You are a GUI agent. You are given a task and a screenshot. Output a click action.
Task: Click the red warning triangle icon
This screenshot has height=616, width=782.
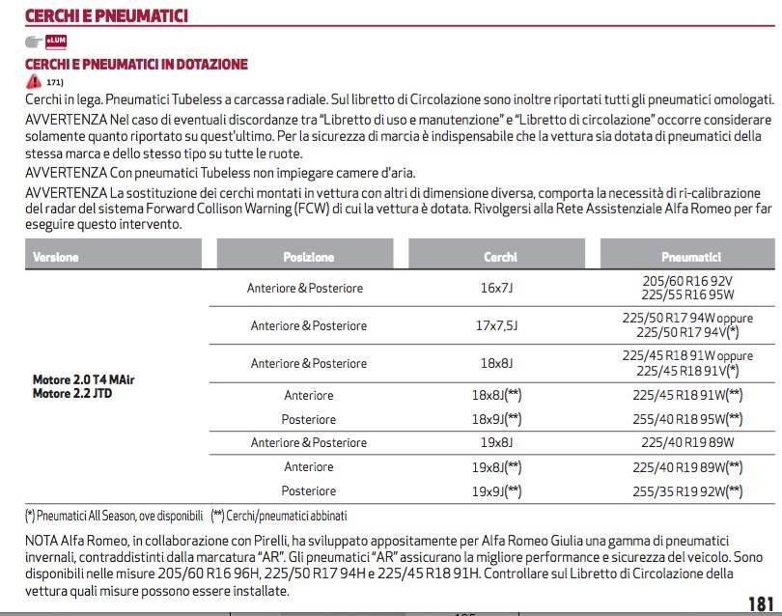click(x=35, y=82)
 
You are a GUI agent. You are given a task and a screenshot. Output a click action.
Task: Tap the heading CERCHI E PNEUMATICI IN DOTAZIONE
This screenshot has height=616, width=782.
click(x=136, y=65)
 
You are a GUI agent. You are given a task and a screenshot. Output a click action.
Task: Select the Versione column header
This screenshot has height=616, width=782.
click(x=56, y=258)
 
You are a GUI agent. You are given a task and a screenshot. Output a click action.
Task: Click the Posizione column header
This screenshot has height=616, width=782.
click(x=308, y=258)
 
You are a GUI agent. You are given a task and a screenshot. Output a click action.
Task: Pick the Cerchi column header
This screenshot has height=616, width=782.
click(x=500, y=258)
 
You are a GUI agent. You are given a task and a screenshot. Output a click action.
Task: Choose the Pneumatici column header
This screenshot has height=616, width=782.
click(x=691, y=258)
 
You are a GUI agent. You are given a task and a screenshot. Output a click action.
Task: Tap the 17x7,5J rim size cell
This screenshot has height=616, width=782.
click(x=497, y=325)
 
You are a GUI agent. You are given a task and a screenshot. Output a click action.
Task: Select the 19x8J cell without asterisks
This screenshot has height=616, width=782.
click(x=497, y=442)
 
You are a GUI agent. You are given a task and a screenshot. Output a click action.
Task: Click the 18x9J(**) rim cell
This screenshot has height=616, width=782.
click(x=497, y=419)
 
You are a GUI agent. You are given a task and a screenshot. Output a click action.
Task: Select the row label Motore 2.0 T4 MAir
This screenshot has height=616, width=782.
click(x=84, y=380)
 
